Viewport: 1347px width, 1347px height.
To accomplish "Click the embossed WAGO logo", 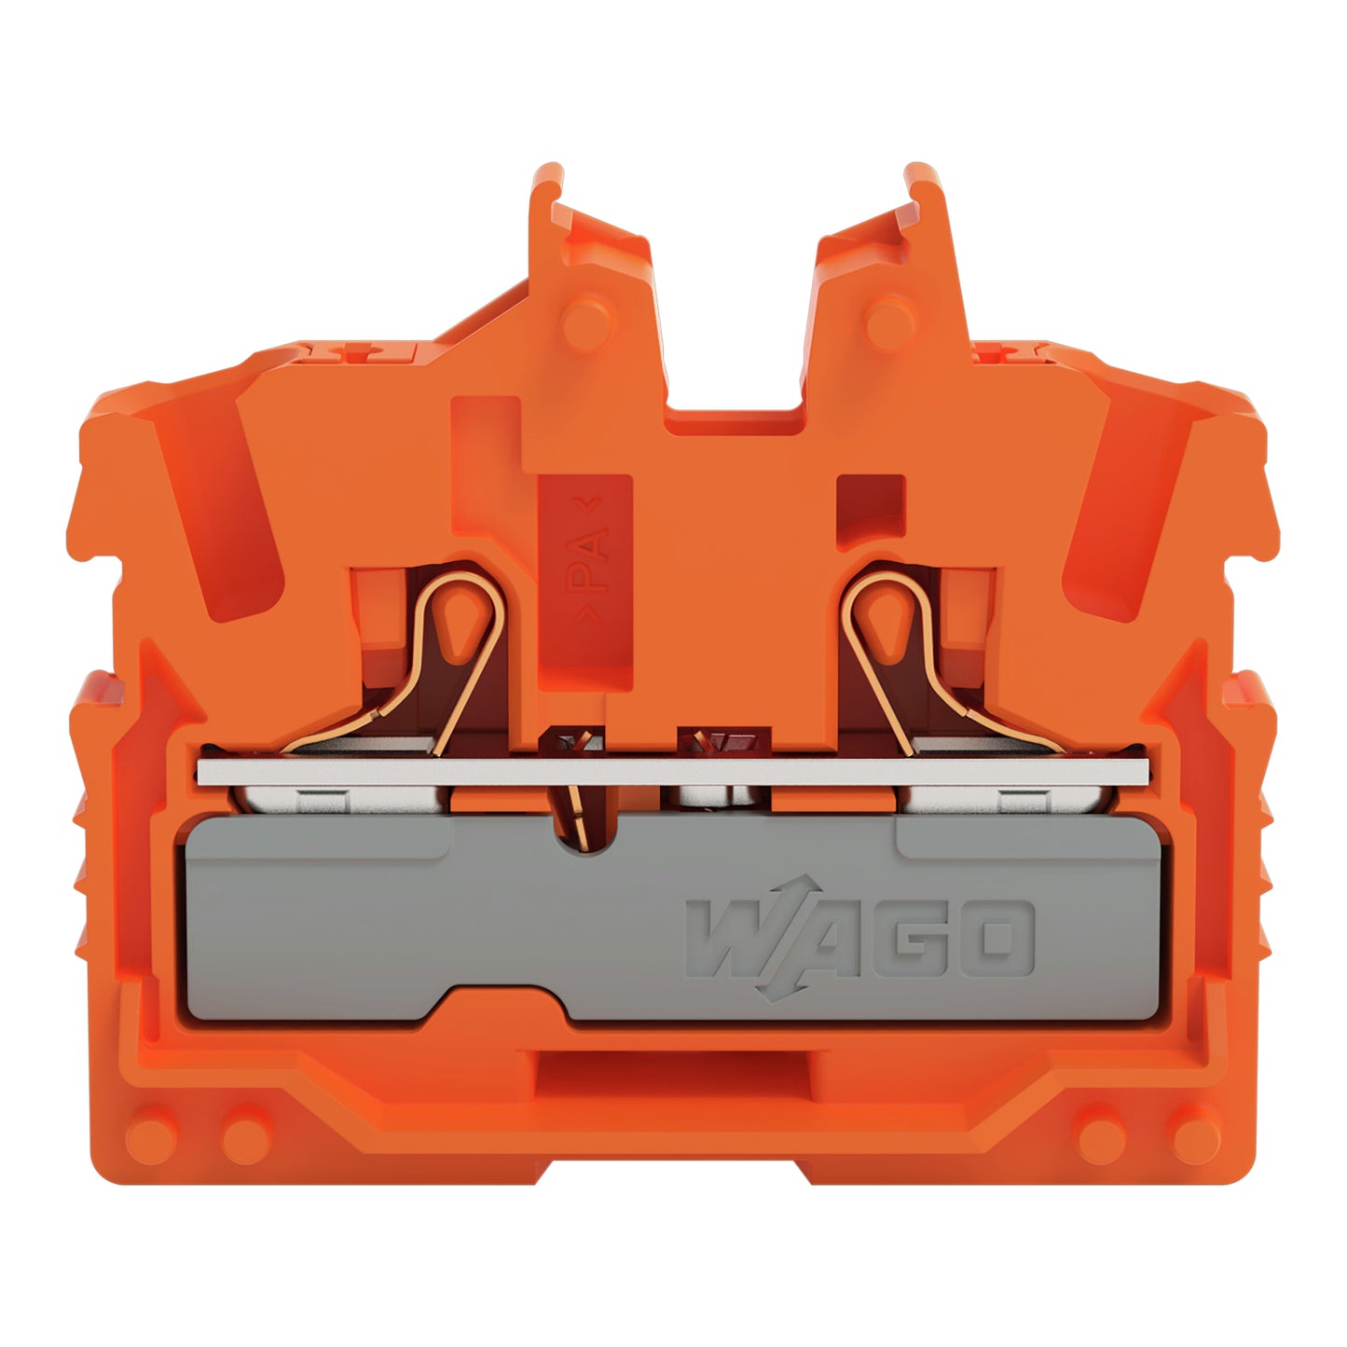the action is pos(859,938).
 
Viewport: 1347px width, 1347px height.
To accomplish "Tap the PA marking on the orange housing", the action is pos(586,559).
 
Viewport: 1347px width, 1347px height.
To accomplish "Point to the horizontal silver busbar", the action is pos(673,771).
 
